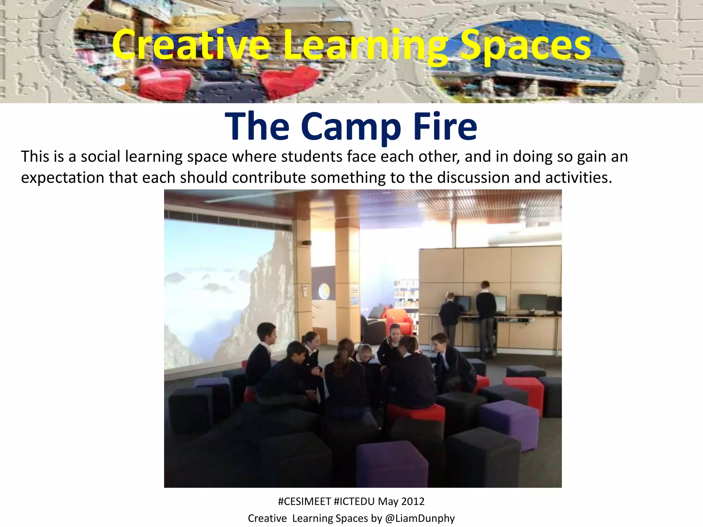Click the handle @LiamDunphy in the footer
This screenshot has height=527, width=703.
[x=420, y=518]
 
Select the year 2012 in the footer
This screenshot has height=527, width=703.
[x=413, y=501]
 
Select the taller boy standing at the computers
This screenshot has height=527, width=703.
[x=486, y=316]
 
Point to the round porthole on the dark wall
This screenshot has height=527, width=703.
[x=324, y=291]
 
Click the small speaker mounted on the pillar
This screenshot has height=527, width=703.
[x=307, y=243]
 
